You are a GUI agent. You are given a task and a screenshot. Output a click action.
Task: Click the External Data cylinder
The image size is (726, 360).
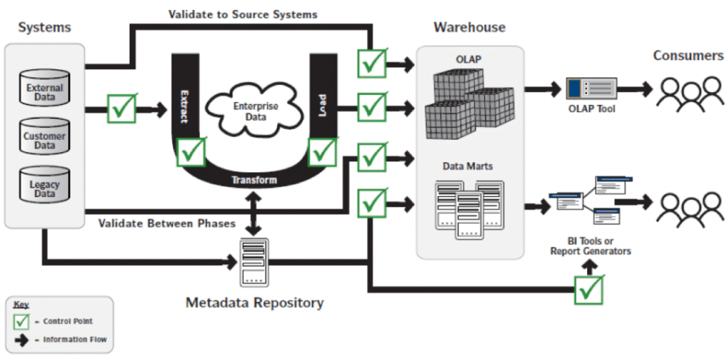45,92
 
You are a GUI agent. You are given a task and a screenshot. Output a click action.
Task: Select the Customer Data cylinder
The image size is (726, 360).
45,139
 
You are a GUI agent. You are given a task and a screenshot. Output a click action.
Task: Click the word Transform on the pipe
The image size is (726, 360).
254,180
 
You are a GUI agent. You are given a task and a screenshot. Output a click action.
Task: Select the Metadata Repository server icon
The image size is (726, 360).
255,263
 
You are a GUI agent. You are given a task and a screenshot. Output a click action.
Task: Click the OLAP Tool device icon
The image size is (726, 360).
591,90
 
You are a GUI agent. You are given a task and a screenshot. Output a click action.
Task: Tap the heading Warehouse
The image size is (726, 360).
470,28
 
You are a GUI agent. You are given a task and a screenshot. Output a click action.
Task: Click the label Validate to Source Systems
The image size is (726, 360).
243,14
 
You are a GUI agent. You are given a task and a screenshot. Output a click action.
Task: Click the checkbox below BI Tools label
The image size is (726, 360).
589,290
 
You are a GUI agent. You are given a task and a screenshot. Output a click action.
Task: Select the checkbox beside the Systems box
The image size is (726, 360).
121,108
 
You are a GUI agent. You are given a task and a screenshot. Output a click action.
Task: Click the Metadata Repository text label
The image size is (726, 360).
254,303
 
